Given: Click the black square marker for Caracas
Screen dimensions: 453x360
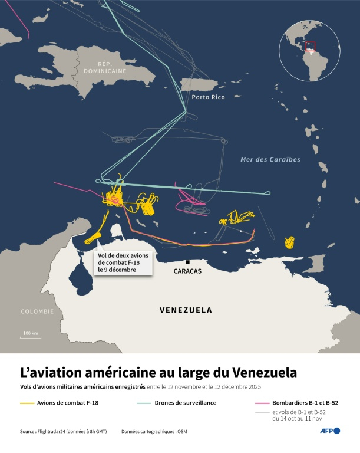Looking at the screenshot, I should (x=187, y=262).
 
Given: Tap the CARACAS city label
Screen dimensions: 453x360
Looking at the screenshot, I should (x=188, y=271).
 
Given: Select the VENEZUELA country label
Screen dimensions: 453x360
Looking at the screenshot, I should (x=186, y=310).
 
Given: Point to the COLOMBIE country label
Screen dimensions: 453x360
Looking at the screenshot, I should (x=37, y=311).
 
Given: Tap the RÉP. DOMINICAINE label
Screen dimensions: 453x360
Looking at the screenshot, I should (x=105, y=66).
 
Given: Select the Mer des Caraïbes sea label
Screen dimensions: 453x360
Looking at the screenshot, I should (x=270, y=160).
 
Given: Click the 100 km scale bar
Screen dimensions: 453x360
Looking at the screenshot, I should (x=31, y=337).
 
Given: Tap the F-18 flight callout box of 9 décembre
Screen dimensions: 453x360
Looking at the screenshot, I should (x=124, y=262).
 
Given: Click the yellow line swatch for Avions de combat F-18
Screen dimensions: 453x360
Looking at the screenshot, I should (x=27, y=403).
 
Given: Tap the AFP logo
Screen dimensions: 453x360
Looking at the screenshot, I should (x=330, y=431).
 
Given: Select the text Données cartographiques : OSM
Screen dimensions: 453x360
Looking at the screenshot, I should (x=153, y=432).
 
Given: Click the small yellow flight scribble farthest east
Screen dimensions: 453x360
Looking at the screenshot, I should (x=289, y=242).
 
